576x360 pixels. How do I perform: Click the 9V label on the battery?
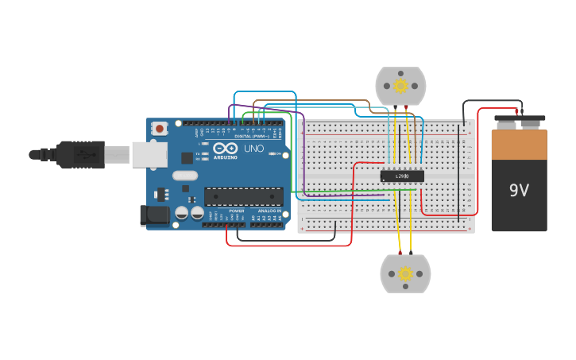pyautogui.click(x=519, y=191)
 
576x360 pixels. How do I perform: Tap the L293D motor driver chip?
pyautogui.click(x=402, y=176)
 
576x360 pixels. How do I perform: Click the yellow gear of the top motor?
pyautogui.click(x=400, y=86)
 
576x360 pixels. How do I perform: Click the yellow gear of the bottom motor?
pyautogui.click(x=405, y=274)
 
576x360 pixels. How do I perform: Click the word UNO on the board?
pyautogui.click(x=253, y=149)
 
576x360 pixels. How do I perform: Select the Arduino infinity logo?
pyautogui.click(x=225, y=148)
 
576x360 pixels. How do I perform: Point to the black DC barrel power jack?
pyautogui.click(x=154, y=215)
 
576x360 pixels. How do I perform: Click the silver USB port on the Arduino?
pyautogui.click(x=149, y=154)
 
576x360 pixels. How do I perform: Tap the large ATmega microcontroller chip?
pyautogui.click(x=243, y=196)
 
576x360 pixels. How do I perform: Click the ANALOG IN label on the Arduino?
pyautogui.click(x=267, y=211)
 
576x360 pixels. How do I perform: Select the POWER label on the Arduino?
pyautogui.click(x=236, y=211)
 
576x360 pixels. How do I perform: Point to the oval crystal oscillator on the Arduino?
pyautogui.click(x=184, y=176)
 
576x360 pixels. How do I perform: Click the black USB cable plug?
pyautogui.click(x=79, y=154)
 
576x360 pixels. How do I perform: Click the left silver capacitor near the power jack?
pyautogui.click(x=182, y=213)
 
